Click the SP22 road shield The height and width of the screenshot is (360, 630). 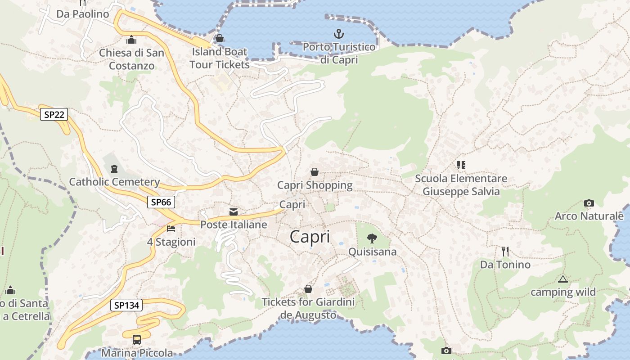pos(54,114)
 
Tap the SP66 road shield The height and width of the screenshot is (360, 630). pos(161,202)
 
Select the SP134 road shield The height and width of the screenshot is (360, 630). pos(126,305)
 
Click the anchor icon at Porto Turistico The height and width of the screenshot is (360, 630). pos(338,34)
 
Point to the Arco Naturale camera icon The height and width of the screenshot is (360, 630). pos(589,203)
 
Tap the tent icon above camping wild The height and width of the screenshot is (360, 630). pos(562,279)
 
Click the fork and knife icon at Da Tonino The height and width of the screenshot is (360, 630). pos(505,251)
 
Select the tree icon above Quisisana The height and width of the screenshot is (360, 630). pos(372,238)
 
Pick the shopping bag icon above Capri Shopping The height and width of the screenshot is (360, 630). pos(315,172)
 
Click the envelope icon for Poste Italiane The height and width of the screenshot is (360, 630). pos(234,212)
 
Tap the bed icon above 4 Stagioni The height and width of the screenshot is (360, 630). pos(171,229)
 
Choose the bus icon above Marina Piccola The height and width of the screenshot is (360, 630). pos(137,340)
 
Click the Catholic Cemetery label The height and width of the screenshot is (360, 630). pos(114,182)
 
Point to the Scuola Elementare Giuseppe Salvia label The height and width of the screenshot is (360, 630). pos(461,185)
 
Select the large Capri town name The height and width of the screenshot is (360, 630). pos(310,236)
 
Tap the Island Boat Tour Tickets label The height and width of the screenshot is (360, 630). pos(220,58)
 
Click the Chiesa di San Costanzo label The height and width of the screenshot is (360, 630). pos(131,59)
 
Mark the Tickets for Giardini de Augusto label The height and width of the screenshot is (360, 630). pos(308,308)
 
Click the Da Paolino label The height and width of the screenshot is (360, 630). pos(83,14)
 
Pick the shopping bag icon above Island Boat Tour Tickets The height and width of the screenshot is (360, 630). pos(220,38)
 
